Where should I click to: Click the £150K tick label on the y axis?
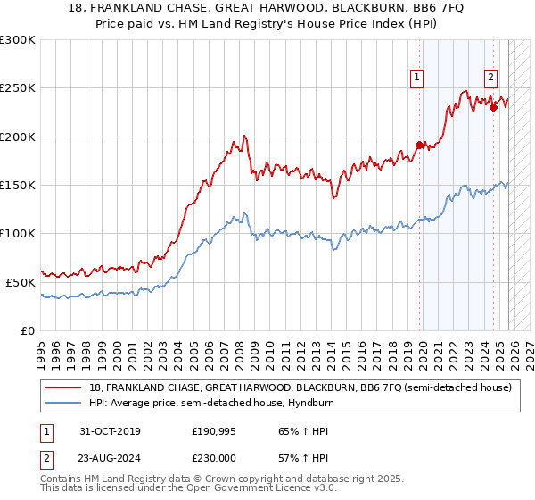coord(17,185)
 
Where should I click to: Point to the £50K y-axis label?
coord(21,281)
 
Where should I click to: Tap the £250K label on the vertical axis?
coord(17,88)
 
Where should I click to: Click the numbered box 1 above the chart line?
coord(416,78)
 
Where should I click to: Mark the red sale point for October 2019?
coord(419,145)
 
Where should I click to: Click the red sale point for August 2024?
coord(493,107)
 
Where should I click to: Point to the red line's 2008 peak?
coord(244,136)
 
